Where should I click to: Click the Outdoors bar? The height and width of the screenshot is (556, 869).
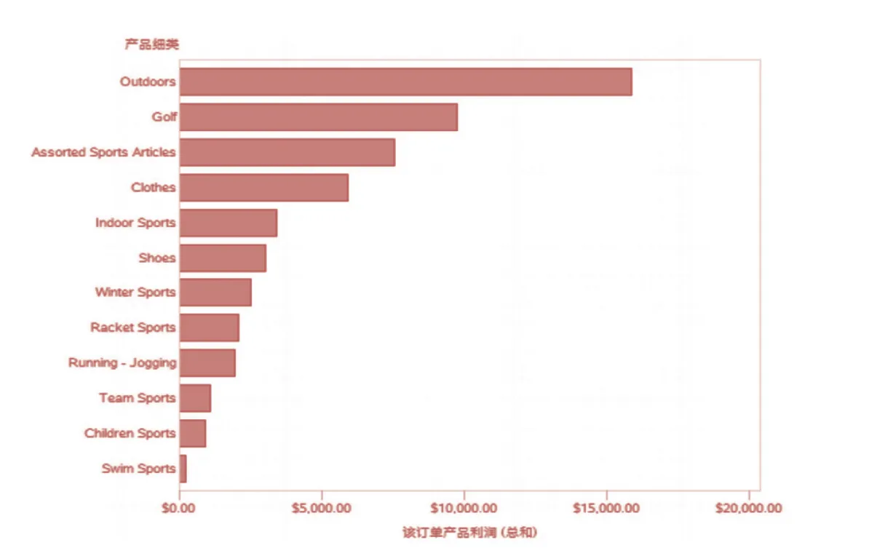405,82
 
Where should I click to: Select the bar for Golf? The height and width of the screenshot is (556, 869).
319,117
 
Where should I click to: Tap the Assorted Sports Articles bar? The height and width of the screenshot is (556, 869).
287,152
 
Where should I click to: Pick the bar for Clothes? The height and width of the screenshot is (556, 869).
264,187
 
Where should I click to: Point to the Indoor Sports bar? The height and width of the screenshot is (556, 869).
229,223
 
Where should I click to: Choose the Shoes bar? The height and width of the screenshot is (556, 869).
223,258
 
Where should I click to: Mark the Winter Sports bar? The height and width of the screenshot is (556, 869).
215,292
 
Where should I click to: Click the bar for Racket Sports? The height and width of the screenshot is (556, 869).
210,327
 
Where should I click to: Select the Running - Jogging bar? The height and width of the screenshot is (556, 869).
207,362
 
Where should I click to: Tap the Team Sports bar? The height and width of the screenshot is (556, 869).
195,398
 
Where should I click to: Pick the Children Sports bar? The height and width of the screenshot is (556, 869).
193,433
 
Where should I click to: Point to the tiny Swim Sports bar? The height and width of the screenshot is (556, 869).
183,469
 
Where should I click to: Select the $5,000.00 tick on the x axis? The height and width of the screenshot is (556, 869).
321,508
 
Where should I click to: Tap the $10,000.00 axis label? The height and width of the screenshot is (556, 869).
463,508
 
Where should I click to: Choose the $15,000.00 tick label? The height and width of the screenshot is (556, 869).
606,508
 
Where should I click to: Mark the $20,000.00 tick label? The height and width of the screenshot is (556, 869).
747,508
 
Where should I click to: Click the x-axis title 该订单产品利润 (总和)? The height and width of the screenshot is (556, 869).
470,533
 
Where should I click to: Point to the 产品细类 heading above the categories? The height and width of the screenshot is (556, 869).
151,44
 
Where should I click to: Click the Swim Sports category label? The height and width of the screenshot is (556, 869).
138,469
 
